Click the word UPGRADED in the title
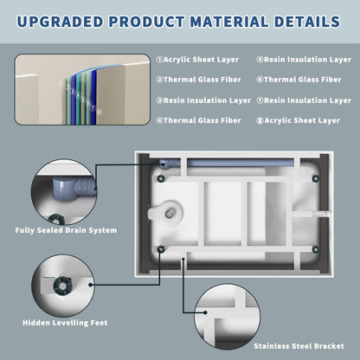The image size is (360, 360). click(60, 22)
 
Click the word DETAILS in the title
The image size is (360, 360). click(307, 22)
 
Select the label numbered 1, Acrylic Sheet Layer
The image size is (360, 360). click(197, 60)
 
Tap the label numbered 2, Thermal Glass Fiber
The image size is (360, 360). click(198, 80)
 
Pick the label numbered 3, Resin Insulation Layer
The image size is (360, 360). click(203, 100)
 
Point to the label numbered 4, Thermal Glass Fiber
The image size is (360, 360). click(198, 120)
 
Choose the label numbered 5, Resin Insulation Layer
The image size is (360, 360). click(304, 60)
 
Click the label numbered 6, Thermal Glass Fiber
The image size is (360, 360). click(299, 80)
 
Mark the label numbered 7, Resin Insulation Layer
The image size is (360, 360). click(304, 100)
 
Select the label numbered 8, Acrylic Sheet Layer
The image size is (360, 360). click(298, 120)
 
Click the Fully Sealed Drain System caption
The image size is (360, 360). click(66, 230)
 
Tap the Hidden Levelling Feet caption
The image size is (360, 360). click(65, 323)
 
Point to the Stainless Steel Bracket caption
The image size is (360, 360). click(299, 346)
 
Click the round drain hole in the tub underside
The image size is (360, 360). click(169, 214)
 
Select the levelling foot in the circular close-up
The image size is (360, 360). click(62, 286)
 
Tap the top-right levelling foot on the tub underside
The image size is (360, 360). click(316, 178)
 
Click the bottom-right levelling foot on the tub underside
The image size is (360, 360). click(316, 249)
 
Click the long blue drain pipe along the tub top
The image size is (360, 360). click(241, 163)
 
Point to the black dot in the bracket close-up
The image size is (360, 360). click(205, 312)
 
